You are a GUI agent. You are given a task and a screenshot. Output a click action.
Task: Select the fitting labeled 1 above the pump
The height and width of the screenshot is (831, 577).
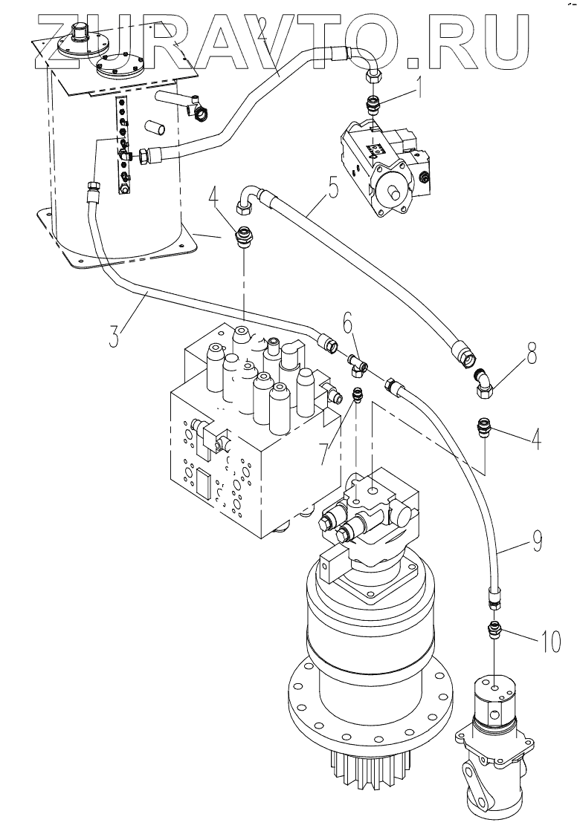coord(373,102)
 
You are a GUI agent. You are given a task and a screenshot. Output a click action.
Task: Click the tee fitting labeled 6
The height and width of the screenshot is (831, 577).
coord(356,365)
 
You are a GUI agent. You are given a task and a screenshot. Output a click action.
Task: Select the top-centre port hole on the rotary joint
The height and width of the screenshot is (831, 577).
coord(494,688)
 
